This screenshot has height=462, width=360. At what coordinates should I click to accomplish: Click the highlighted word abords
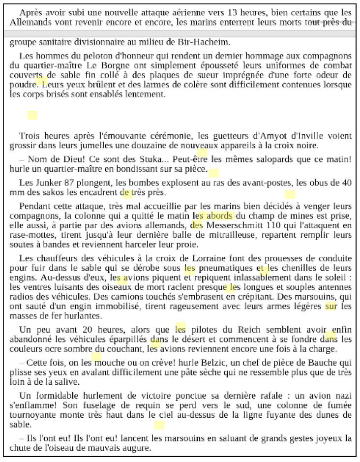point(221,216)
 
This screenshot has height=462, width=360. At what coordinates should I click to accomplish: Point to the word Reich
point(243,329)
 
